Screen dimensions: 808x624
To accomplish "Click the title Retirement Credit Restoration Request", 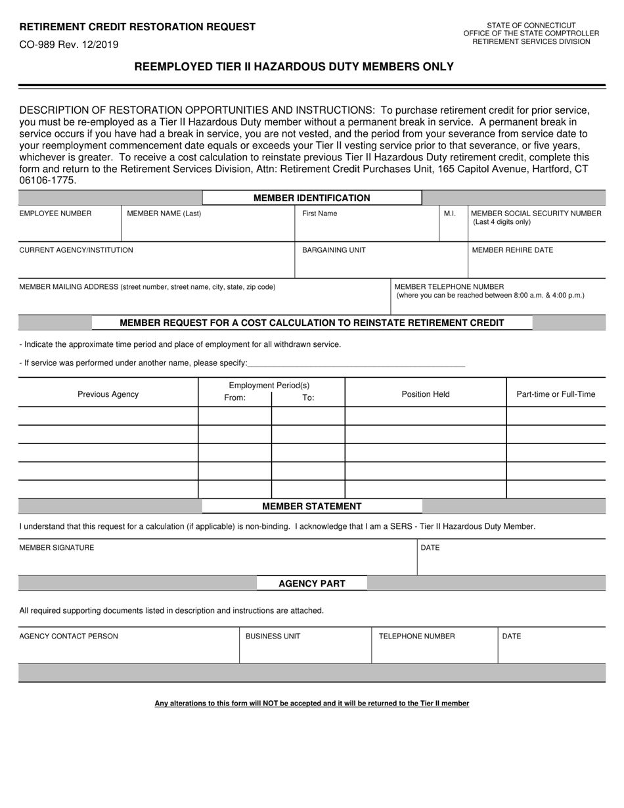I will pos(137,27).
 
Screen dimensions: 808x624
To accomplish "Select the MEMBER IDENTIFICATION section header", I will pos(311,198).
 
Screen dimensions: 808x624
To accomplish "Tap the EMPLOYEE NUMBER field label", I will pos(55,213).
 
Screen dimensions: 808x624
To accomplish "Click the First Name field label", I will pos(319,213).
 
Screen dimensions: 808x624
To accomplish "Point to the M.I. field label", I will pos(450,213).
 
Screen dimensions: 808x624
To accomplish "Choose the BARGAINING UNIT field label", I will pos(334,250).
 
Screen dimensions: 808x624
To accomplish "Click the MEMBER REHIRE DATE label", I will pos(512,250).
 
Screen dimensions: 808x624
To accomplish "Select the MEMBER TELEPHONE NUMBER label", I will pos(449,286).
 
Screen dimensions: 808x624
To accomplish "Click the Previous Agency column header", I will pos(108,394).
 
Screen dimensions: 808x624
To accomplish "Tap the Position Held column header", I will pos(426,394).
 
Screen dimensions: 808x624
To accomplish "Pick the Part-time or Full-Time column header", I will pos(556,394).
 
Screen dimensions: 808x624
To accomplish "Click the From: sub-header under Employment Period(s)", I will pos(234,397).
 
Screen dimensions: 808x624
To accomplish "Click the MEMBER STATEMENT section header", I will pos(311,506).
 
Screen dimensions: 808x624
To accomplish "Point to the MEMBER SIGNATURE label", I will pos(56,547).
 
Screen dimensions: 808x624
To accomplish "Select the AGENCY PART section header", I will pos(311,583).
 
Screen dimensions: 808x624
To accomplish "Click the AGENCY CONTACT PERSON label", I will pos(69,636).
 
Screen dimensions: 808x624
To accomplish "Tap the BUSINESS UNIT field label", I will pos(273,636).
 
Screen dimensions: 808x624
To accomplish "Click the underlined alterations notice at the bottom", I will pos(311,704).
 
